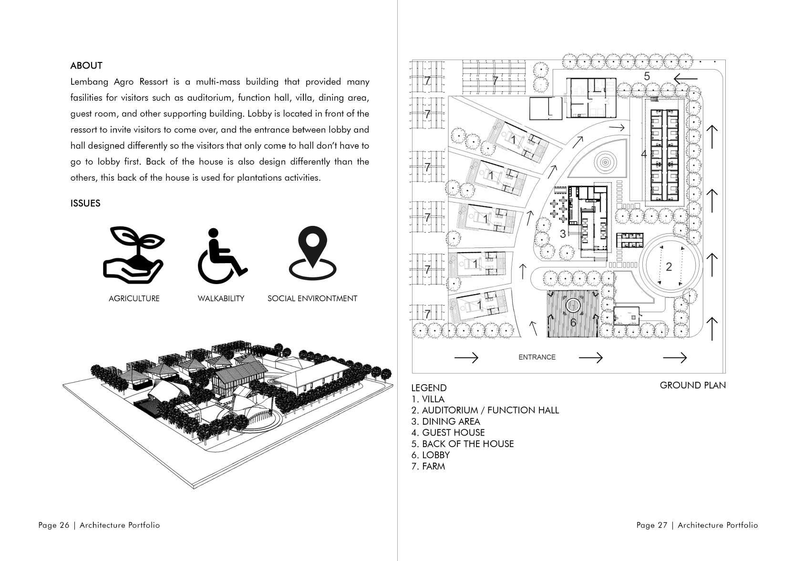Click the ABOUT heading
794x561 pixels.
coord(86,66)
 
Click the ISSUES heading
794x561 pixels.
coord(85,204)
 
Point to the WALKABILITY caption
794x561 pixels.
coord(221,299)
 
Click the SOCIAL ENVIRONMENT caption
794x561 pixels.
coord(312,299)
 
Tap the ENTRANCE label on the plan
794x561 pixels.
coord(537,357)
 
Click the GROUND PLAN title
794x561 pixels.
coord(692,385)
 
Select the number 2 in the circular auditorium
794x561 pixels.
coord(669,267)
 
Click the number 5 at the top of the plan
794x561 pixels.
coord(647,76)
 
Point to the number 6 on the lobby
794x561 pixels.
coord(573,323)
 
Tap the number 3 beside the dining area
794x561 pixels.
coord(563,234)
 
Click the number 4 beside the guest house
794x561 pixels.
coord(643,154)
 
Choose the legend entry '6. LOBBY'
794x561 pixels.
coord(431,455)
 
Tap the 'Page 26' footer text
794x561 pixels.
coord(54,525)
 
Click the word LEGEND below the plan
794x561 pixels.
coord(429,388)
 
